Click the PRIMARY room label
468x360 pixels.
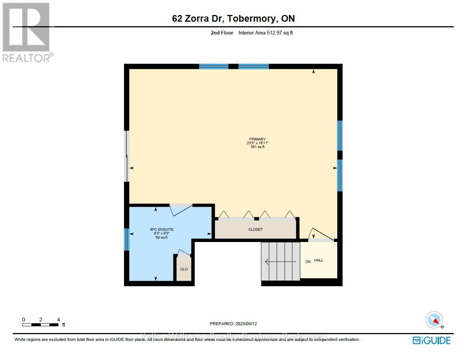(x=257, y=139)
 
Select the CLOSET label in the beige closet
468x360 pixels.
(x=255, y=229)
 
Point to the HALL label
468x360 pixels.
(x=319, y=260)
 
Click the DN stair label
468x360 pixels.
(x=308, y=261)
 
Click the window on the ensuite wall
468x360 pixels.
(x=127, y=239)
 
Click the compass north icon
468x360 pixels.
(x=434, y=321)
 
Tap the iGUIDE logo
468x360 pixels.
(x=431, y=340)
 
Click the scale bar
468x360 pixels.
(x=40, y=325)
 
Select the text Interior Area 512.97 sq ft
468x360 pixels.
(x=265, y=33)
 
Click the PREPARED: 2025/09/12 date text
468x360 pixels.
(x=233, y=324)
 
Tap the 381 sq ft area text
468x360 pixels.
(x=257, y=147)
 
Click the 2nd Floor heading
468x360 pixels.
(x=222, y=33)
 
